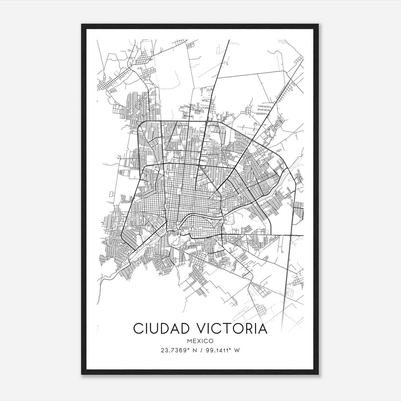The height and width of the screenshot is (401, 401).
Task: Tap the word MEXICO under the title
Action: tap(200, 341)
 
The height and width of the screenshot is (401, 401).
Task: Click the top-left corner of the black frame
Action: tap(82, 24)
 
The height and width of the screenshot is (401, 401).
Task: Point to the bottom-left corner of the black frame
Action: tap(82, 374)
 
